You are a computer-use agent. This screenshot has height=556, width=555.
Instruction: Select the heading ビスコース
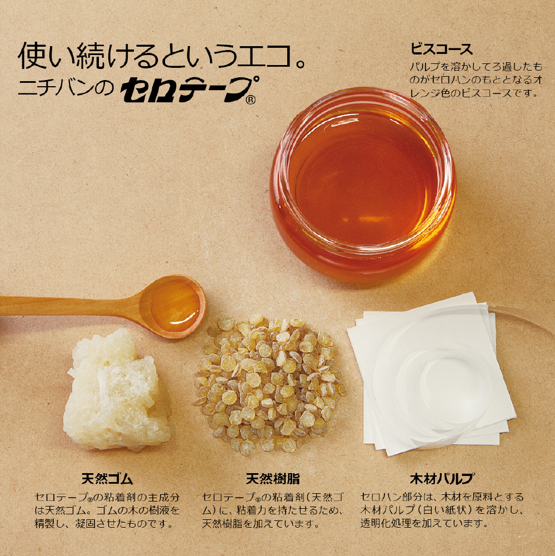[x=442, y=49]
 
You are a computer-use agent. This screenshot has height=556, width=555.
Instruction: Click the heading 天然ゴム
[x=107, y=479]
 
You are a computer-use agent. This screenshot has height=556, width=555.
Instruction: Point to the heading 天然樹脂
[x=273, y=479]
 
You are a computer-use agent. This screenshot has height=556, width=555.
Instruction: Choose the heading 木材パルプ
[x=442, y=479]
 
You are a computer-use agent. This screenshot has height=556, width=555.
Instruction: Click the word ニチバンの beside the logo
[x=66, y=88]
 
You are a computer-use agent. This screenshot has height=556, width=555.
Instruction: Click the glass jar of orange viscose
[x=363, y=185]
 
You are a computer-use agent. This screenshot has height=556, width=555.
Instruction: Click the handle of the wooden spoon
[x=71, y=306]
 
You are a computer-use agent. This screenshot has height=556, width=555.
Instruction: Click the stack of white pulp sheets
[x=431, y=374]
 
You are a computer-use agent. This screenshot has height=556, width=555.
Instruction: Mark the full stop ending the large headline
[x=301, y=63]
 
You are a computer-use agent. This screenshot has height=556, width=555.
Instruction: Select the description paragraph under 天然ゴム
[x=107, y=510]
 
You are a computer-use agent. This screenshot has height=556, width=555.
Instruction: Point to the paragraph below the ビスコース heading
[x=476, y=80]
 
